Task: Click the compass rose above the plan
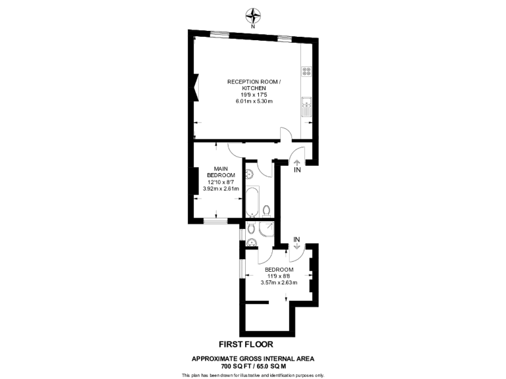[x=253, y=14]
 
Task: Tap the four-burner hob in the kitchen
[x=306, y=70]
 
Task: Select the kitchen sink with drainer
[x=306, y=106]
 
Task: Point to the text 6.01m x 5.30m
[x=254, y=101]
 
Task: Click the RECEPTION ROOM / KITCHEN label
[x=254, y=85]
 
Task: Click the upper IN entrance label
[x=297, y=170]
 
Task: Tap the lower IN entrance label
[x=296, y=239]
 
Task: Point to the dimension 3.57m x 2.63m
[x=279, y=283]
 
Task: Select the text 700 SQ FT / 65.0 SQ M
[x=253, y=366]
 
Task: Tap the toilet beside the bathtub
[x=266, y=211]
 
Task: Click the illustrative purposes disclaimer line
[x=253, y=375]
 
